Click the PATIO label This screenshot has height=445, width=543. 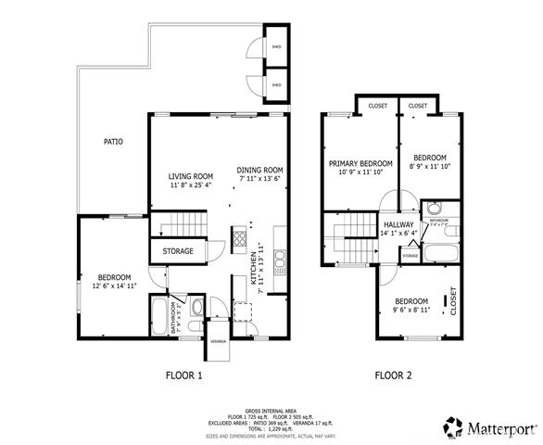[x=113, y=142]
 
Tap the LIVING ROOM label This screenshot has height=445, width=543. [x=191, y=176]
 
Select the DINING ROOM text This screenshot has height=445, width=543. [x=259, y=170]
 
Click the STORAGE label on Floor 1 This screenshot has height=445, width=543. [x=179, y=251]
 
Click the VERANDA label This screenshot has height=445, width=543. [x=218, y=340]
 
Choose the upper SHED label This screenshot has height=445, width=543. [x=275, y=46]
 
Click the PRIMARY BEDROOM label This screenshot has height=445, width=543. [x=360, y=163]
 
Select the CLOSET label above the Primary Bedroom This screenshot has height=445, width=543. [x=377, y=106]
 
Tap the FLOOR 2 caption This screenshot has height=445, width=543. [x=393, y=375]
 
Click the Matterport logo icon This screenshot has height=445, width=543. [x=453, y=427]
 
